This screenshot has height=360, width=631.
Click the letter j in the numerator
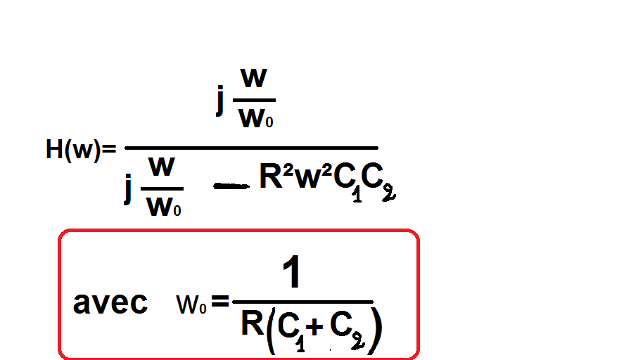221,101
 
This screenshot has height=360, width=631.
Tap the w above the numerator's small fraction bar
254,79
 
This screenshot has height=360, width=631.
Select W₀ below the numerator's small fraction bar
256,119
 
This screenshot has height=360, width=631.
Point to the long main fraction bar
251,148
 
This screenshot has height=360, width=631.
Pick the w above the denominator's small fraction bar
162,168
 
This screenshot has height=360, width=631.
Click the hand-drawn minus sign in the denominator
231,186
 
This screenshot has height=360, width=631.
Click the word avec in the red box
110,303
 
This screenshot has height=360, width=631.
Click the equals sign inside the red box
220,303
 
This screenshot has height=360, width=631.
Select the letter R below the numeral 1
252,325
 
